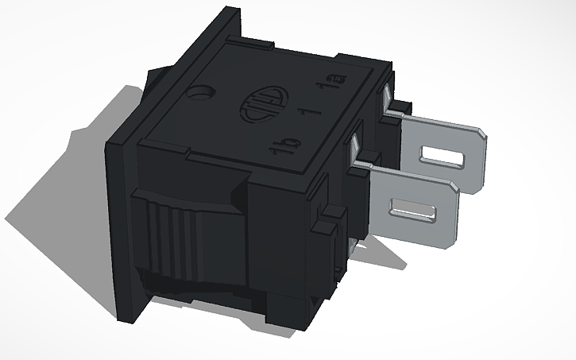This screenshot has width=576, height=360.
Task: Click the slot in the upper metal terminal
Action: pos(443,157)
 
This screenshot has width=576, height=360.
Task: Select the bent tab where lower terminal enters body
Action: pos(355,151)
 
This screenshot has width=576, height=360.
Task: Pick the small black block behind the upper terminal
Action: pos(404,107)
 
